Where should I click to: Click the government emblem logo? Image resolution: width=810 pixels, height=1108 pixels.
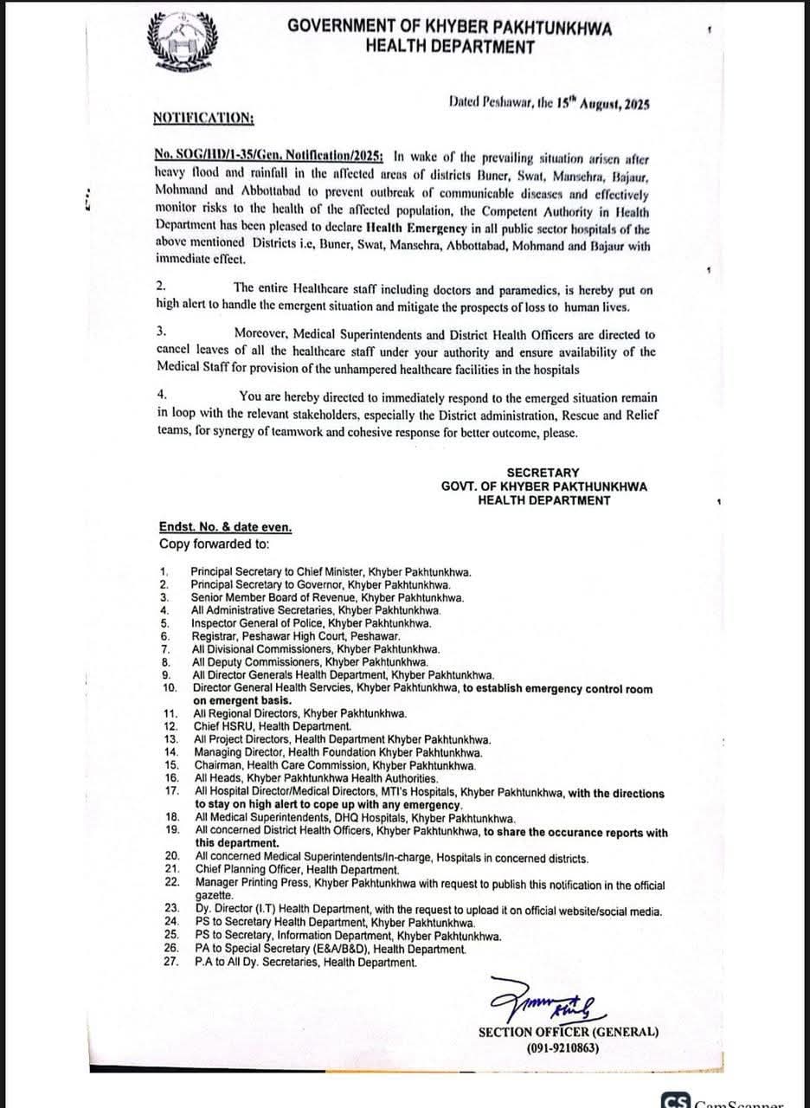coord(181,43)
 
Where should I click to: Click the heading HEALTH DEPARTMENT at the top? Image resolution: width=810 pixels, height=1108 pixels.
coord(449,48)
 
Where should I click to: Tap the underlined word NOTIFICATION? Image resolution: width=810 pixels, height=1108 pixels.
coord(203,118)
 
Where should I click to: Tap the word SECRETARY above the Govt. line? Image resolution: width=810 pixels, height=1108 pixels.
coord(543,473)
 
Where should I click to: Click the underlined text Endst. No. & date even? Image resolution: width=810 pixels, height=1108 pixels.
coord(225,528)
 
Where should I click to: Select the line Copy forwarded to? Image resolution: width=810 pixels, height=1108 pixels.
coord(214,544)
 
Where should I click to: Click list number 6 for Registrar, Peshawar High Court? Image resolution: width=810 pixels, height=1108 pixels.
coord(164,635)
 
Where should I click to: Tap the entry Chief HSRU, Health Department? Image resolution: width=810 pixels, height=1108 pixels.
coord(273,726)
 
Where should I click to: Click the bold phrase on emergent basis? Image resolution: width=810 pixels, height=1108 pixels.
coord(243,700)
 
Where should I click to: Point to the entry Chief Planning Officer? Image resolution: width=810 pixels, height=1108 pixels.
coord(296,870)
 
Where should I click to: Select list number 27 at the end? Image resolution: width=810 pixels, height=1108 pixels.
coord(170,961)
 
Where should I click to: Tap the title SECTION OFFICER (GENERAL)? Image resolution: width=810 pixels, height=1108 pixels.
coord(568,1032)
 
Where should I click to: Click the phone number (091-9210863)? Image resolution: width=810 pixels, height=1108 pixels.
coord(566,1047)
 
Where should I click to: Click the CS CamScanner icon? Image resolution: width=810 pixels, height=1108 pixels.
coord(676,1102)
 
